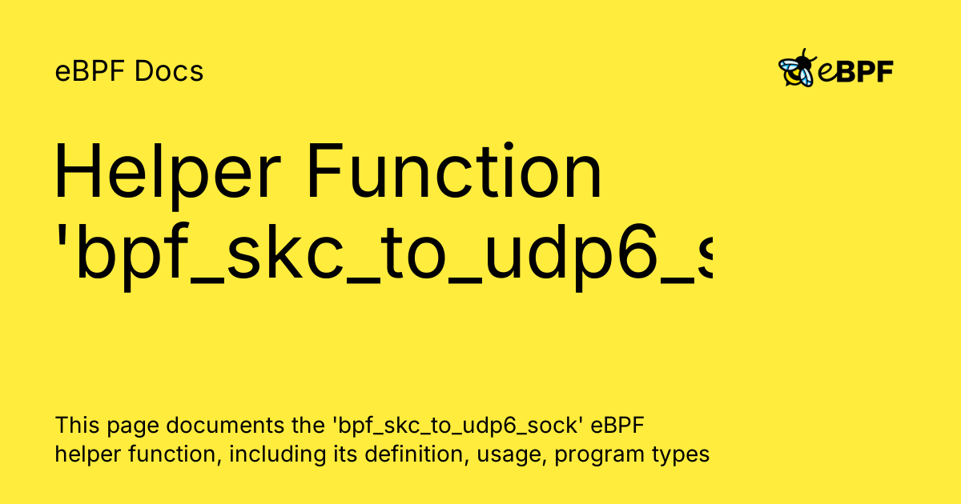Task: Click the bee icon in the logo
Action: coord(796,70)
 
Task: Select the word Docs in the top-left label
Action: coord(169,71)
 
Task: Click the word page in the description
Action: coord(122,426)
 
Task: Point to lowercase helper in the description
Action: coord(87,455)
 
